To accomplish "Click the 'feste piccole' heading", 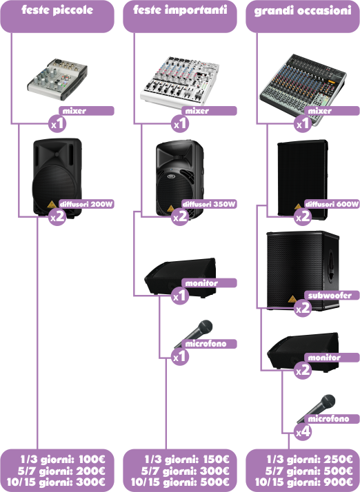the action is click(x=57, y=10).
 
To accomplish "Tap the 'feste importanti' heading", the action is click(x=180, y=10).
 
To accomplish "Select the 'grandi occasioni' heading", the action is click(x=303, y=10).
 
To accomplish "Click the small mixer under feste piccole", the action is click(x=57, y=79).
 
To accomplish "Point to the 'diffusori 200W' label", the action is click(x=86, y=204).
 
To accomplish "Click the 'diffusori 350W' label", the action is click(x=209, y=204).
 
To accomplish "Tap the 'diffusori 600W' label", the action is click(x=332, y=204).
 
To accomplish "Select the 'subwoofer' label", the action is click(x=330, y=296).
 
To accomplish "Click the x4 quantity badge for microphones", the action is click(x=303, y=432).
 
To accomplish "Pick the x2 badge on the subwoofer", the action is click(x=303, y=309).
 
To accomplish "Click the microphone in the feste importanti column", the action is click(x=194, y=334).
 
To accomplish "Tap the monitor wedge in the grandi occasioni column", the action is click(x=303, y=352).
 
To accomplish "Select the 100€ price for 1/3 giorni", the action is click(x=92, y=460).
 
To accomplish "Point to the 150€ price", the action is click(x=216, y=460).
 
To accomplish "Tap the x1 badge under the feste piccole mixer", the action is click(x=57, y=124).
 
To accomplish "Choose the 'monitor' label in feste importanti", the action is click(x=201, y=283).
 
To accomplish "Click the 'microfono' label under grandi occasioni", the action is click(x=328, y=419).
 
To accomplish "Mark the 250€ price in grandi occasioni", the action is click(x=339, y=460).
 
